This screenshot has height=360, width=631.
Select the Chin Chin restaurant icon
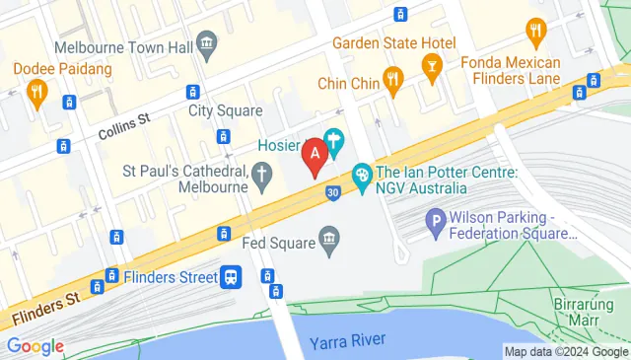[392, 82]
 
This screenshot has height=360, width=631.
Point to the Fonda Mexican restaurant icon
[536, 31]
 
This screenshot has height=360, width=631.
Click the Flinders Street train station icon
[233, 277]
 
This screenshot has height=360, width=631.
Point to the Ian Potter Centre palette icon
[361, 178]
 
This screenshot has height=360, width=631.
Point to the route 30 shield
[334, 192]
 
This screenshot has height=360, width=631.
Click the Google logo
[35, 346]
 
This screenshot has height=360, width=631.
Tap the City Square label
[219, 110]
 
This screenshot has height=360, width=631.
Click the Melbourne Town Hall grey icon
[207, 42]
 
